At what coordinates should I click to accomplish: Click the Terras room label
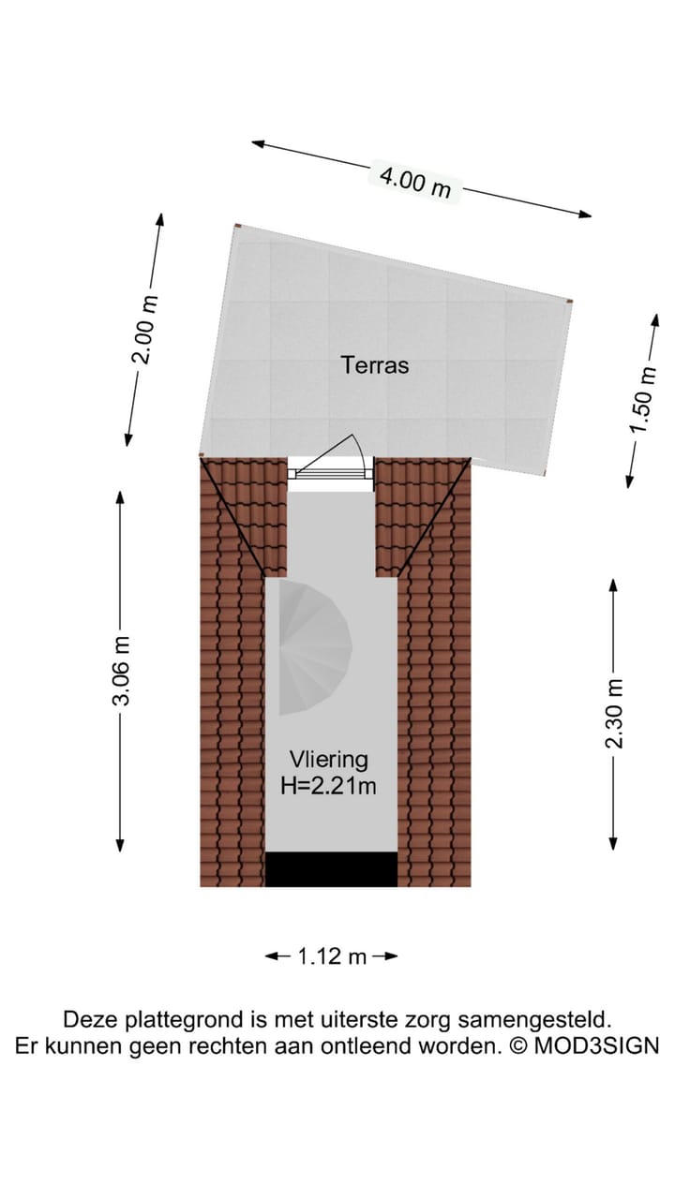(375, 365)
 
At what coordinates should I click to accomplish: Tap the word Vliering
(328, 760)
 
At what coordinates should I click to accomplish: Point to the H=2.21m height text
(328, 786)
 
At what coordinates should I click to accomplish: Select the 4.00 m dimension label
(415, 182)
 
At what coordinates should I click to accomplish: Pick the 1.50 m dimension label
(643, 399)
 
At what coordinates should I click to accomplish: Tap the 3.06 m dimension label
(122, 672)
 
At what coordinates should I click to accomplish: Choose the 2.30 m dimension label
(614, 714)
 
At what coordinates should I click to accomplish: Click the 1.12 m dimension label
(332, 956)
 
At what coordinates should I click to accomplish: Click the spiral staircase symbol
(314, 647)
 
